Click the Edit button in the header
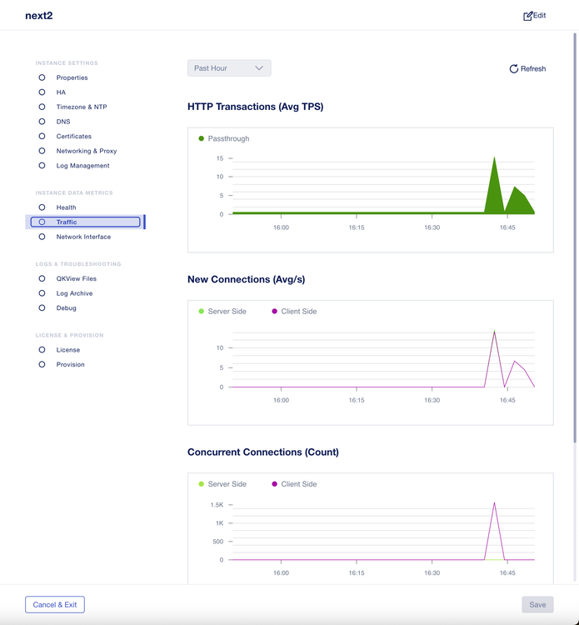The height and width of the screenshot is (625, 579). tap(534, 16)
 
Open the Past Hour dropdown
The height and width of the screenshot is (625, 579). tap(229, 68)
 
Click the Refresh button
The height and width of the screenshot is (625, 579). tap(527, 69)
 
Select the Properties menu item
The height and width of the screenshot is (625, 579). tap(72, 77)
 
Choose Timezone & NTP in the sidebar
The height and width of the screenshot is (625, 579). tap(81, 107)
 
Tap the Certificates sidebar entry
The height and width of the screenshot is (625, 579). tap(73, 136)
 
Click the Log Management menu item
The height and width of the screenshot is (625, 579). tap(82, 166)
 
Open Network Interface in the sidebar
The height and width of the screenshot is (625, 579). tap(83, 237)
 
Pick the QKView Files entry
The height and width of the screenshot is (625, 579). tap(76, 279)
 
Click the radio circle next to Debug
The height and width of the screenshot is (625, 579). tap(42, 308)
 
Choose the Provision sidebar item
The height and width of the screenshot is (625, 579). tap(70, 364)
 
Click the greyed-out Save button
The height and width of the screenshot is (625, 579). tap(537, 605)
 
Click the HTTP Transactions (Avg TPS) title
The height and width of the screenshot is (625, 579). tap(255, 107)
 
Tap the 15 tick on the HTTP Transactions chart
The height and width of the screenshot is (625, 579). tap(220, 158)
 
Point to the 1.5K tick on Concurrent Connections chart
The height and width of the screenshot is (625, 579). tap(217, 505)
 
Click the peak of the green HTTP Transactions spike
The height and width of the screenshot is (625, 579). tap(494, 157)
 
